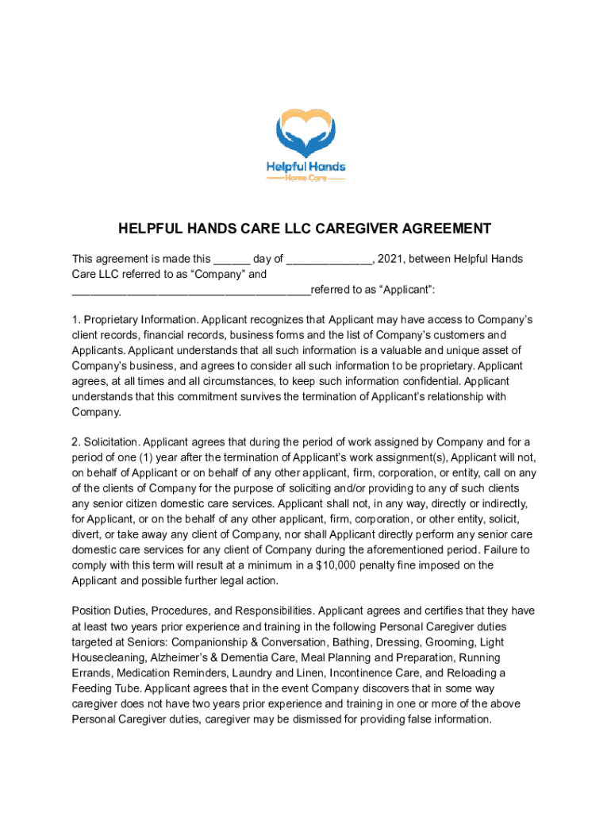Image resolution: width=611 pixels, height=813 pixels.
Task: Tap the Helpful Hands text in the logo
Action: tap(305, 167)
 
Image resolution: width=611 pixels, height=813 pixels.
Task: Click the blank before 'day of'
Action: tap(232, 260)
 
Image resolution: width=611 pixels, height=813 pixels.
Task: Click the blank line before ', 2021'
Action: tap(329, 260)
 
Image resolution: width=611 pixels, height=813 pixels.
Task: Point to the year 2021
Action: tap(390, 260)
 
